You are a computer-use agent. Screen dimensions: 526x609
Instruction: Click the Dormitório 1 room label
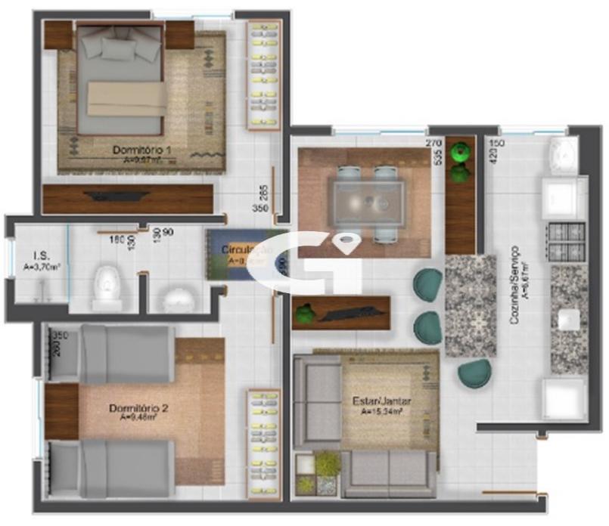[141, 150]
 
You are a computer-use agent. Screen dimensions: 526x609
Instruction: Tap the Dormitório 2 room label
[138, 409]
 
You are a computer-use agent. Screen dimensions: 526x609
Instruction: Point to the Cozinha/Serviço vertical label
[515, 284]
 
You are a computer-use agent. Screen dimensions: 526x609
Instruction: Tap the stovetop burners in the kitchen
[567, 242]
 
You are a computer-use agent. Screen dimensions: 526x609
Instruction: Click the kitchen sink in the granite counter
[569, 320]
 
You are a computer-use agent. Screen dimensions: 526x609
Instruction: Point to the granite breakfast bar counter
[470, 305]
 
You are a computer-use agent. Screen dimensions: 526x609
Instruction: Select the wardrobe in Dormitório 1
[264, 74]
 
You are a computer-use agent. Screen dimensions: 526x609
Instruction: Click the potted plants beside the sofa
[316, 474]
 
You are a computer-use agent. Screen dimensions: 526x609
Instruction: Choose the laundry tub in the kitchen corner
[563, 154]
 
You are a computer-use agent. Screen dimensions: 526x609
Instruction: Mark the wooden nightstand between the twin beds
[61, 411]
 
